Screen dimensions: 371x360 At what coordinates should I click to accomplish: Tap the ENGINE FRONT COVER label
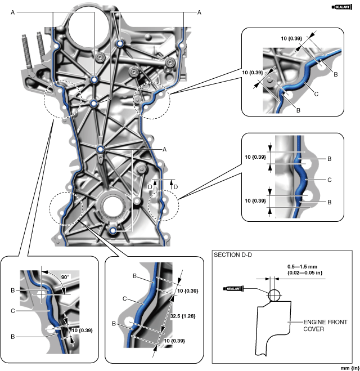322,325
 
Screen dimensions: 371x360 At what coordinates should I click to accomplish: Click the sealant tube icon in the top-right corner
342,7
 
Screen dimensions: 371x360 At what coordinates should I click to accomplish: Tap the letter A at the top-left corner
12,12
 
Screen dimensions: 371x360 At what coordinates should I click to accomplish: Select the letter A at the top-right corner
198,12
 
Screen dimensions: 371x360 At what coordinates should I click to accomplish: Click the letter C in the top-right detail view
316,95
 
